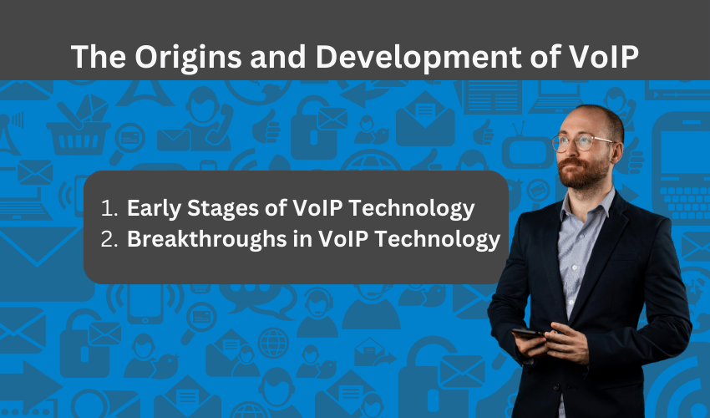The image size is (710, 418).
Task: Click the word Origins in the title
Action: [187, 58]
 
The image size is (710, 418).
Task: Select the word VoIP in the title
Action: [603, 56]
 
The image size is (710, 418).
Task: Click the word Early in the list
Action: [154, 209]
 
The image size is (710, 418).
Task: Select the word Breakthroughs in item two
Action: [207, 239]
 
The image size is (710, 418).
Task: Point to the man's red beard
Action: [582, 172]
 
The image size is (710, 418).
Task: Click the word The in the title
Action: [99, 57]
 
